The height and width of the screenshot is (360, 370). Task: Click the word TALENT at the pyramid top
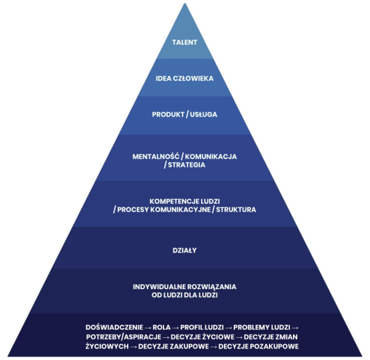tap(185, 42)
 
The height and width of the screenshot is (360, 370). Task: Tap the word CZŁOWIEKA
tap(194, 78)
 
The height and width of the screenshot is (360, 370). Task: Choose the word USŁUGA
tap(205, 115)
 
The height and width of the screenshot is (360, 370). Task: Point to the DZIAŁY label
tap(185, 251)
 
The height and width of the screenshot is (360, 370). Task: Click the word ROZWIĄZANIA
tap(214, 287)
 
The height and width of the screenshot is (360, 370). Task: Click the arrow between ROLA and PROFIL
tap(176, 327)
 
